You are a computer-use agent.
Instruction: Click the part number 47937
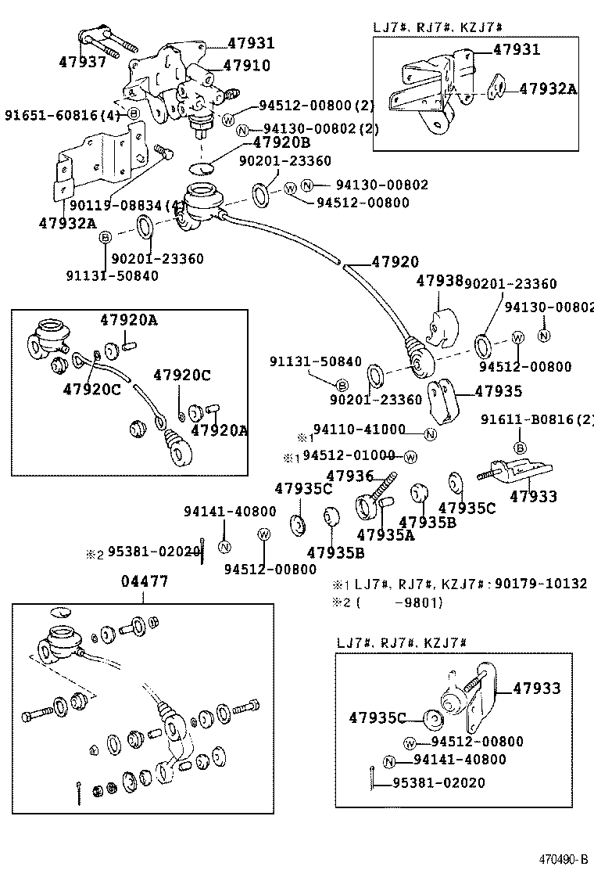coord(82,61)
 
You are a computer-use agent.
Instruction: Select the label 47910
coord(246,66)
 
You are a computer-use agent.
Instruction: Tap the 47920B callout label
coord(281,143)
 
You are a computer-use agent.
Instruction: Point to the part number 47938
coord(439,281)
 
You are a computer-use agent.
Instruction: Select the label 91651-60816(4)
coord(63,114)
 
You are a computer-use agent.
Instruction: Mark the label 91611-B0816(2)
coord(538,419)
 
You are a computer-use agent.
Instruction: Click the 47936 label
coord(350,476)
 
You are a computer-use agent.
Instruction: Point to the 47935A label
coord(385,536)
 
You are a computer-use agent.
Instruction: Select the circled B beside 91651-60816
coord(134,114)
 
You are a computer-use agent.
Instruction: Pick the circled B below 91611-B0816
coord(519,448)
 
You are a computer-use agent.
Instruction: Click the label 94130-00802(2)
coord(320,130)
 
